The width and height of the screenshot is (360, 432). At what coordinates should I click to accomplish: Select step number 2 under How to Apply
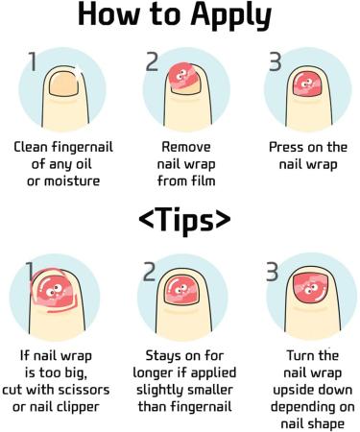pyautogui.click(x=151, y=62)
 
